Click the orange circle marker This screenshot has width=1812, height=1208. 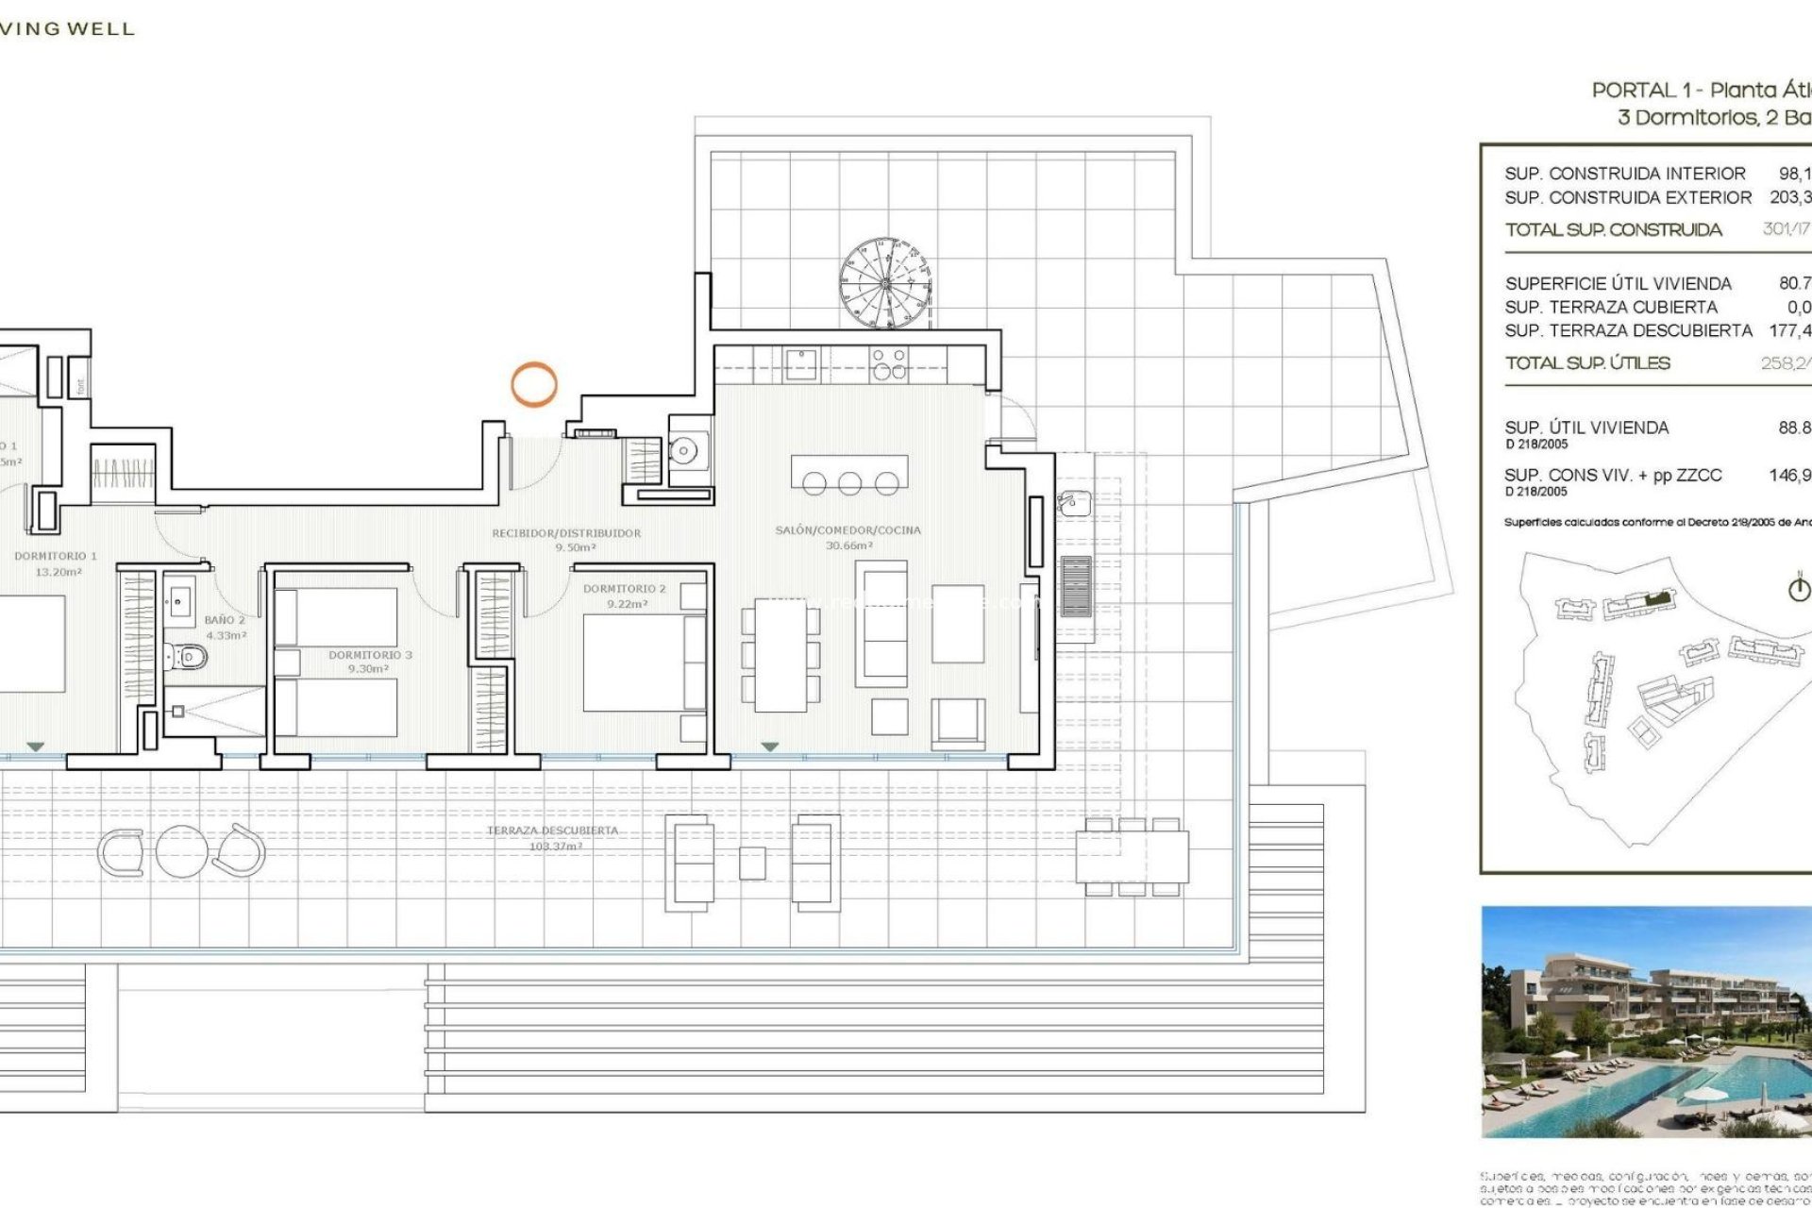click(x=534, y=385)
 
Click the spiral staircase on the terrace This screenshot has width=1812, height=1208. click(x=885, y=283)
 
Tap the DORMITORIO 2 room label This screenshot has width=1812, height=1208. click(x=624, y=589)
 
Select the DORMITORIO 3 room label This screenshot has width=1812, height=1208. click(x=370, y=655)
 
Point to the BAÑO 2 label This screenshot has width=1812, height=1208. click(x=225, y=621)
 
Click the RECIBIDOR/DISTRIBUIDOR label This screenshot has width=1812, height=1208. click(x=566, y=533)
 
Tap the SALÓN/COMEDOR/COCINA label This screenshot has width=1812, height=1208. click(x=847, y=530)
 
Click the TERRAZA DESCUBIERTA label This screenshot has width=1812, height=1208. click(x=553, y=830)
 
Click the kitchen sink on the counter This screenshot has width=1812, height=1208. click(x=801, y=363)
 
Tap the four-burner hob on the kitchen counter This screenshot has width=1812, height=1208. click(x=888, y=363)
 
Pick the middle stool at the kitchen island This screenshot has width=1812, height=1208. click(x=849, y=484)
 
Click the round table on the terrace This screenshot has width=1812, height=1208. click(x=181, y=851)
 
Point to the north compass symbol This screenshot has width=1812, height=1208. click(x=1799, y=588)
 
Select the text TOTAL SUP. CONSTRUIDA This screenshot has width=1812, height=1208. click(x=1613, y=230)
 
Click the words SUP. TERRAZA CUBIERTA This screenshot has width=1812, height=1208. click(x=1611, y=308)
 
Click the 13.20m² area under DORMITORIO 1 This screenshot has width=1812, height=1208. click(x=59, y=572)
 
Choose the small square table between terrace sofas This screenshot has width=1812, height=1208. click(x=752, y=864)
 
